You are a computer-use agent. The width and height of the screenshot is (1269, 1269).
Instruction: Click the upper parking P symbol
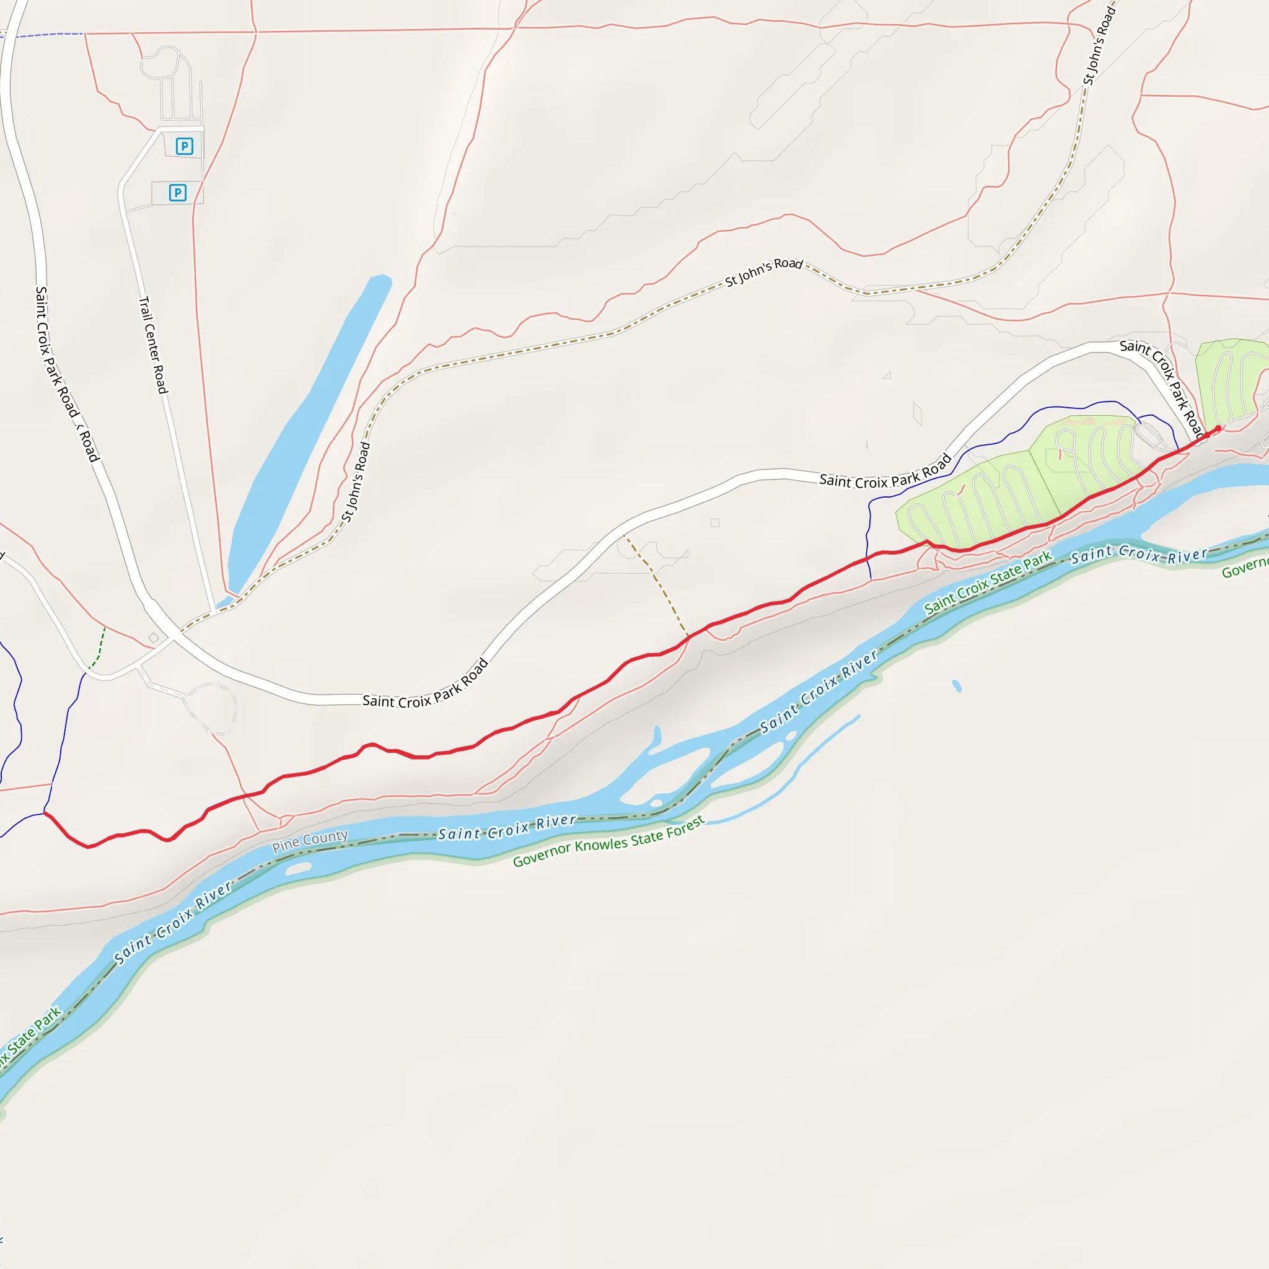185,146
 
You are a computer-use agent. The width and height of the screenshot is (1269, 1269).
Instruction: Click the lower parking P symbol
177,193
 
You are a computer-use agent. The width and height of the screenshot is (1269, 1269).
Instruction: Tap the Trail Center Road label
153,345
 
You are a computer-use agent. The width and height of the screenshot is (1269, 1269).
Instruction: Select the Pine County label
310,841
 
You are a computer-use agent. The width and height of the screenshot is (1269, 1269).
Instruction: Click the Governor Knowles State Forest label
608,841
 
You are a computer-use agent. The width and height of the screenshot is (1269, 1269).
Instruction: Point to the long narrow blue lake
309,434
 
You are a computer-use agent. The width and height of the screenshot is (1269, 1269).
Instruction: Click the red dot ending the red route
1218,428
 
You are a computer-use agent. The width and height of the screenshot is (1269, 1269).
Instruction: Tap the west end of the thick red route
45,813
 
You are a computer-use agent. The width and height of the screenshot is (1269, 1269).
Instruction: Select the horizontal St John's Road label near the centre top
764,272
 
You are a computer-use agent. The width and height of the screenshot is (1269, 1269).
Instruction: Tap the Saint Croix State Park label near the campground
988,582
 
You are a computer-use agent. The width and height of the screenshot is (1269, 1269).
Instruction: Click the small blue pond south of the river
957,687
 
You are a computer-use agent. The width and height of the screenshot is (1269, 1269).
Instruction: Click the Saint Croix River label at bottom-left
173,922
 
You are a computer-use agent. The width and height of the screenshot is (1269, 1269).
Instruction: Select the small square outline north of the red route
714,523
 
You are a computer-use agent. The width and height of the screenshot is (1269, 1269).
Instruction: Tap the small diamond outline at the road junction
154,638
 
